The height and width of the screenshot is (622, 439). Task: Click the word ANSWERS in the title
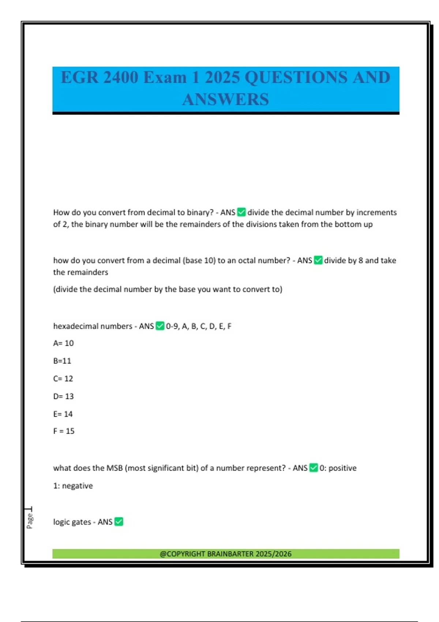(x=225, y=100)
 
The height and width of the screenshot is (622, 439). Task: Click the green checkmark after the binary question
(x=241, y=212)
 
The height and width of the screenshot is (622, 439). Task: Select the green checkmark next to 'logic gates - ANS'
(x=119, y=522)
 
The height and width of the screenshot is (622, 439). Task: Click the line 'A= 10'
(x=63, y=343)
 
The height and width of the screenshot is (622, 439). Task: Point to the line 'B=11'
(x=62, y=361)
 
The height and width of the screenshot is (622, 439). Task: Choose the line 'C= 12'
(x=63, y=379)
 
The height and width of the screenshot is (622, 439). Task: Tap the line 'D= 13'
(x=63, y=396)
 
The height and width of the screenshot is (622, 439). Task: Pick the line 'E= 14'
(x=63, y=414)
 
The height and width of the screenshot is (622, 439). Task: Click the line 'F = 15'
(x=64, y=431)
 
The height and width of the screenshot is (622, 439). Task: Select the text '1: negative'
(x=73, y=486)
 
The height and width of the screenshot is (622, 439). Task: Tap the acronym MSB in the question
(x=115, y=468)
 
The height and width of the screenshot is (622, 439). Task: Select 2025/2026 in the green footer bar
(x=274, y=554)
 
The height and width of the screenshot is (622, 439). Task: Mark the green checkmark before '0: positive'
(x=314, y=468)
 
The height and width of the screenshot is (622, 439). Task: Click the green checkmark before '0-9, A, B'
(x=160, y=326)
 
